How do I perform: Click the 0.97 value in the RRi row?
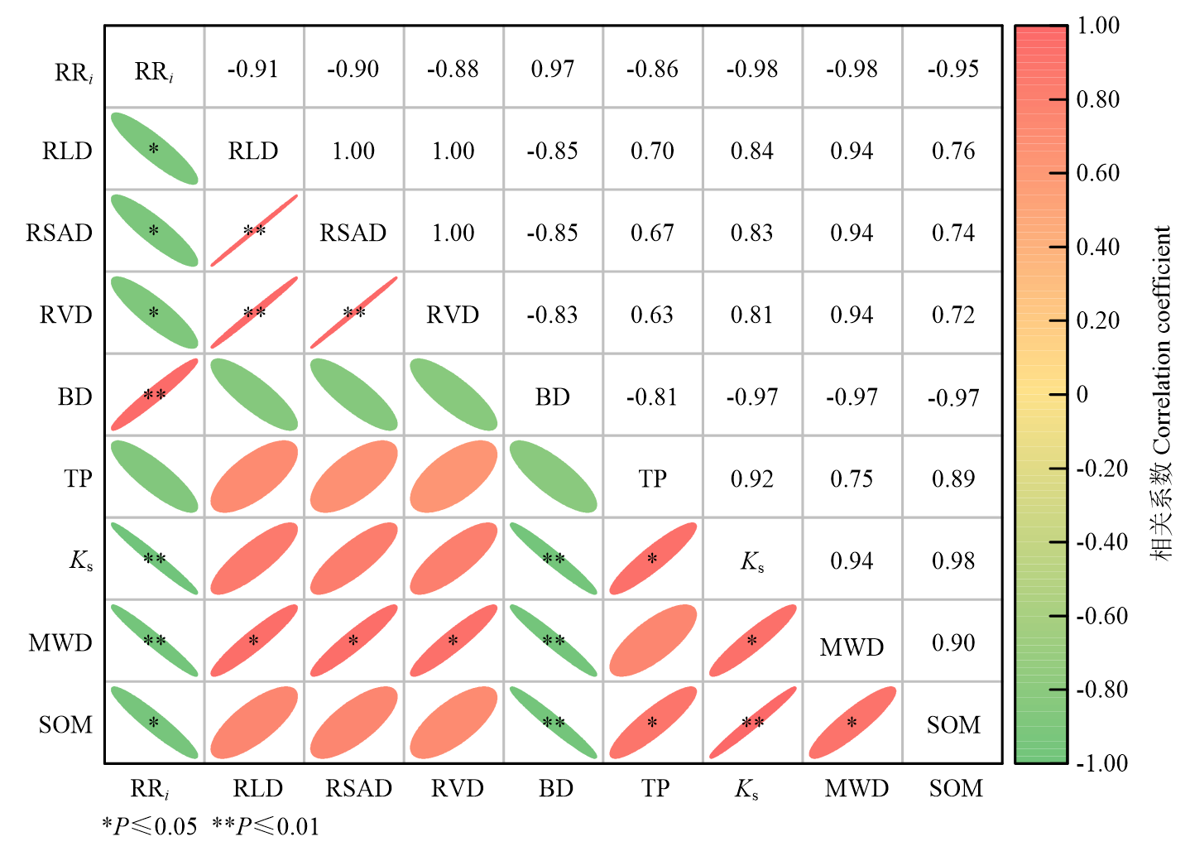coord(553,69)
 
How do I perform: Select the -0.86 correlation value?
coord(652,69)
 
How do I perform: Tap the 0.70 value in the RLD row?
coord(652,151)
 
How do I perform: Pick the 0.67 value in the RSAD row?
coord(652,233)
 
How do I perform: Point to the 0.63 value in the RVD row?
coord(652,315)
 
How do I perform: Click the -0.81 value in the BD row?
coord(652,397)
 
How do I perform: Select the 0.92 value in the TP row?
coord(751,478)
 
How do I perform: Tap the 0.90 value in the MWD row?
coord(953,643)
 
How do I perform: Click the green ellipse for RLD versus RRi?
coord(154,149)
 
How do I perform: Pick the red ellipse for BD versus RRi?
coord(154,394)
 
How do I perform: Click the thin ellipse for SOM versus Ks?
coord(753,722)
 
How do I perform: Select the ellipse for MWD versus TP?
coord(653,640)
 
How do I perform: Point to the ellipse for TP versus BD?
coord(553,477)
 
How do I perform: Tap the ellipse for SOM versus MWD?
coord(852,722)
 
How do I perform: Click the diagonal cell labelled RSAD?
coord(353,233)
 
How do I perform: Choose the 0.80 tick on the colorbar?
coord(1058,99)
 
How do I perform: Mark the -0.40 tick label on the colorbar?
coord(1101,542)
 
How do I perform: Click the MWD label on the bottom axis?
coord(857,788)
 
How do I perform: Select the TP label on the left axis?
coord(78,478)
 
